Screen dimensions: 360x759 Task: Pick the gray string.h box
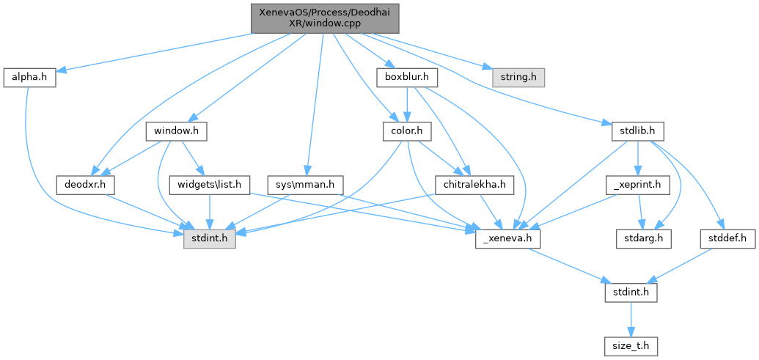pos(513,76)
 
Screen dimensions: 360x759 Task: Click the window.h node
pos(176,131)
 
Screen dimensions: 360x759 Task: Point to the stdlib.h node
pos(637,131)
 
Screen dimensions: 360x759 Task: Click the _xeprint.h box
pos(637,185)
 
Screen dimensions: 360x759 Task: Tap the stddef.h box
pos(727,238)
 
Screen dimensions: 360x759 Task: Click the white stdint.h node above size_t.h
pos(630,293)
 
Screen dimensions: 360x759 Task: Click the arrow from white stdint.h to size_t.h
pos(630,319)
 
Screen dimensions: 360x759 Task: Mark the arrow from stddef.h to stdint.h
pos(682,264)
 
